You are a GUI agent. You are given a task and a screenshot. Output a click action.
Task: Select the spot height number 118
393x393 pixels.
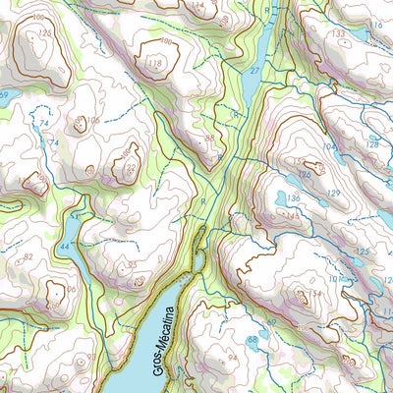tap(153, 65)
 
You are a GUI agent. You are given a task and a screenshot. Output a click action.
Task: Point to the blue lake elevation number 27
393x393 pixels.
tap(254, 71)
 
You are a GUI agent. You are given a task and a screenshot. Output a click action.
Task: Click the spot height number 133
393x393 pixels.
tap(339, 34)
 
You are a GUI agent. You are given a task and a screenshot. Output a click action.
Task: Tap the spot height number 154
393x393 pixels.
tap(314, 293)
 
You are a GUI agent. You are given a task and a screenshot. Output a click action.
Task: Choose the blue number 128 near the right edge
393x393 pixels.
tap(372, 144)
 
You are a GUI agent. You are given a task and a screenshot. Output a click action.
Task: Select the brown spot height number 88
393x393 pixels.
tap(209, 139)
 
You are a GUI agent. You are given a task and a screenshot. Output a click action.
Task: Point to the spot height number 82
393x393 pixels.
tap(28, 257)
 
